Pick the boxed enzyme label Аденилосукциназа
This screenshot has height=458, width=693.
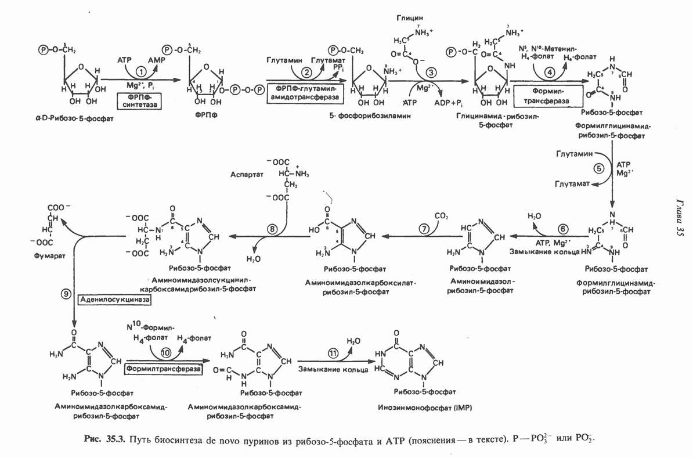pos(113,300)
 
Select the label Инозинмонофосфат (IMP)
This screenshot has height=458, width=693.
pos(425,408)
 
